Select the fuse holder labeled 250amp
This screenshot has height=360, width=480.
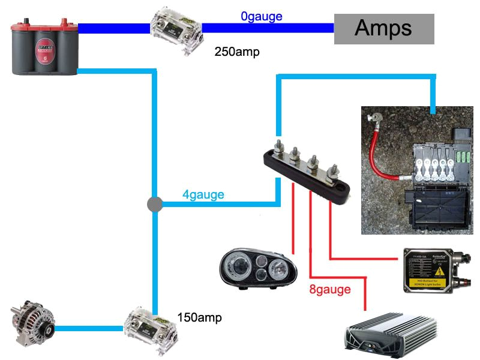(176, 28)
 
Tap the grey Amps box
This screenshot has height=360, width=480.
(383, 28)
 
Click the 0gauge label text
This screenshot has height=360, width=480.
(261, 17)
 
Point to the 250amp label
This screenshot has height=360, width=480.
(236, 52)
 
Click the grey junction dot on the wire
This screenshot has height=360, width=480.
(155, 205)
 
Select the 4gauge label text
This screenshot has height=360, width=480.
(203, 194)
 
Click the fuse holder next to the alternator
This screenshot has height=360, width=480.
(149, 329)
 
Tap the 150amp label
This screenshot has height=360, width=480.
(199, 317)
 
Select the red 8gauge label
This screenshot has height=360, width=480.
(329, 290)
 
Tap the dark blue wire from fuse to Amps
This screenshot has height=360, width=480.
(267, 28)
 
